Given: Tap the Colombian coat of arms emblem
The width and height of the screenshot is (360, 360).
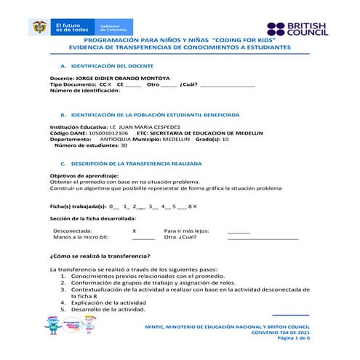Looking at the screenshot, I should pyautogui.click(x=39, y=28).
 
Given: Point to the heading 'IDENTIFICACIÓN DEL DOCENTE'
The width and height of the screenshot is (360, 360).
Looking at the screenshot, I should pyautogui.click(x=116, y=65).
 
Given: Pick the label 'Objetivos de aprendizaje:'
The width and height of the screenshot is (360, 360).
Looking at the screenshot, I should pyautogui.click(x=84, y=176).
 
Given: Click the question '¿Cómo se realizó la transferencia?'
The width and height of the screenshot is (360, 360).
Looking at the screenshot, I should pyautogui.click(x=100, y=256).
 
